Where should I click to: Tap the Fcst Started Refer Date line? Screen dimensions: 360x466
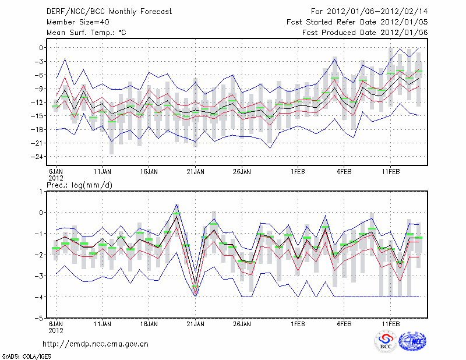point(357,22)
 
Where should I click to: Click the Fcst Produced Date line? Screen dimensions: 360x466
point(365,33)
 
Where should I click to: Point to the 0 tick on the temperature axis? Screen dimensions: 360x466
point(43,47)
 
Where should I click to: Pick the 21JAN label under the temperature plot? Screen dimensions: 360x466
point(195,172)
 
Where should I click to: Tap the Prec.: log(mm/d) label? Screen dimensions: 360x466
point(78,185)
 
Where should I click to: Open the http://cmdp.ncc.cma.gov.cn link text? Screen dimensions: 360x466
point(96,344)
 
